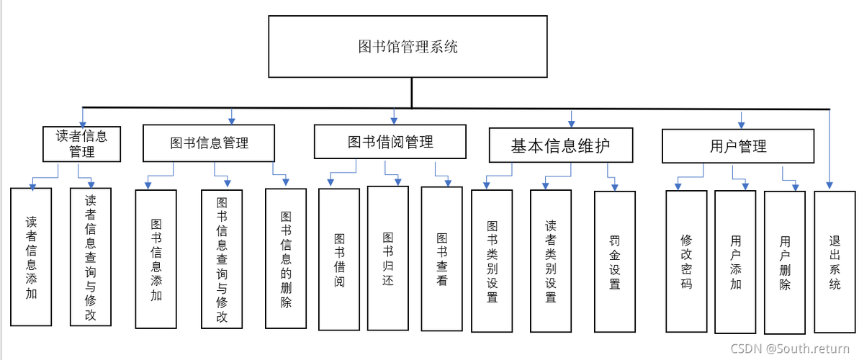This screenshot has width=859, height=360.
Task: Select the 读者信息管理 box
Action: point(81,143)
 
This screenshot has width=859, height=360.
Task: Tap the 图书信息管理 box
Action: point(210,143)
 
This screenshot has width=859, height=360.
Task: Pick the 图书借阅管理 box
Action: point(390,142)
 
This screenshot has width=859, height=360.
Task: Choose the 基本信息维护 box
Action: point(561,146)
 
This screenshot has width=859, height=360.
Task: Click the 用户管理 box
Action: point(738,146)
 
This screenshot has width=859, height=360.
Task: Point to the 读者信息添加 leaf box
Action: point(31,257)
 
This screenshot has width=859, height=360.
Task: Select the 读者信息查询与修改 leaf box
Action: point(91,257)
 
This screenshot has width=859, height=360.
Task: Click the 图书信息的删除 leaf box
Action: point(286,259)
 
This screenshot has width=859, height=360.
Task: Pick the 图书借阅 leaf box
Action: point(339,259)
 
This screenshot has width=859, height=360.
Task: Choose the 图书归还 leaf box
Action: point(388,258)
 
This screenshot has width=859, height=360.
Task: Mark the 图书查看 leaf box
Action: point(441,259)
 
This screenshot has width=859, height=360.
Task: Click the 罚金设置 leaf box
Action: point(615,261)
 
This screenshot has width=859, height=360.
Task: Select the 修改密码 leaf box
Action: point(686,261)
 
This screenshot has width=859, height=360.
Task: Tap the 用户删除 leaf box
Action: point(785,263)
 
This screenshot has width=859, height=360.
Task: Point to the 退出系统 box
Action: point(835,261)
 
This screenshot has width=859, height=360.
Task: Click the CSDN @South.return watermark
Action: point(790,348)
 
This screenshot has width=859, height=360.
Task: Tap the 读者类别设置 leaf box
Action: point(551,261)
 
